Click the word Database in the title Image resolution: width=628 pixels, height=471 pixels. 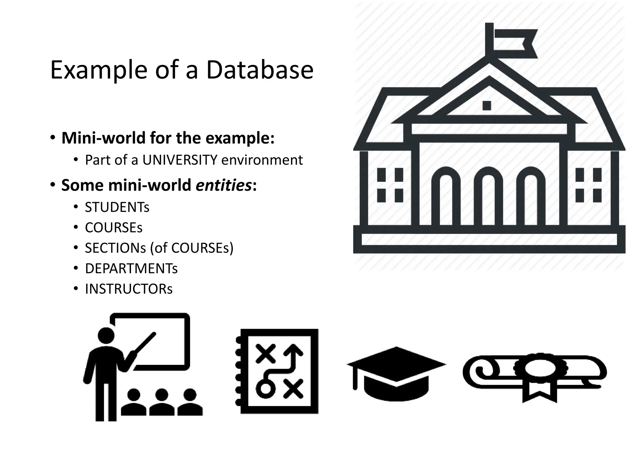pos(260,70)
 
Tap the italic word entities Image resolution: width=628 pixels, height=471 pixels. pos(224,185)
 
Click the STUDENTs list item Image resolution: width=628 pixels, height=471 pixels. pos(117,207)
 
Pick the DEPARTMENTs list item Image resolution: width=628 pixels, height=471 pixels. pos(131,268)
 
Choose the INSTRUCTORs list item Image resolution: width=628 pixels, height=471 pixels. pos(129,289)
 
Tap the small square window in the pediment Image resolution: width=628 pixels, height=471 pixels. pos(487,105)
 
